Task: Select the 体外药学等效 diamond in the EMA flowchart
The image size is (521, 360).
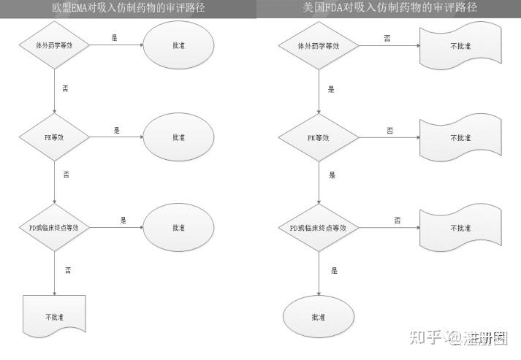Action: (55, 45)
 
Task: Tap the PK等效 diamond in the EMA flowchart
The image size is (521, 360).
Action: (55, 137)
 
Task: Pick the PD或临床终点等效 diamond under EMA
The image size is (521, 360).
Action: (55, 228)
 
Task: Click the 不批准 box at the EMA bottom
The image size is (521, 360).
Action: (55, 317)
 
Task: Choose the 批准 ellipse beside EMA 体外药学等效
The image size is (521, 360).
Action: (179, 45)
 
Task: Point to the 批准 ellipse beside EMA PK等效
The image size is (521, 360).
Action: (179, 137)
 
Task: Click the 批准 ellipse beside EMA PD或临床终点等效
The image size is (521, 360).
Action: (179, 228)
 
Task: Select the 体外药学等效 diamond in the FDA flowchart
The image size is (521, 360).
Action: (317, 45)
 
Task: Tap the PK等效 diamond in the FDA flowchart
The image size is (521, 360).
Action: (317, 137)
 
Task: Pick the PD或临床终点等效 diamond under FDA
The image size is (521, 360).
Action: (317, 228)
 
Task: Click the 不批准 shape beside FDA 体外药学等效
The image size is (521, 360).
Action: (460, 45)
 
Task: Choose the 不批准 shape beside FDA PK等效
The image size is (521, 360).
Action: (460, 137)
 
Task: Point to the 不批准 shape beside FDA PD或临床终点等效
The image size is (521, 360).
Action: (460, 228)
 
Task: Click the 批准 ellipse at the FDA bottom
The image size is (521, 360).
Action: (317, 317)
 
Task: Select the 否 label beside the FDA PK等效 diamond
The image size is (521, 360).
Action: (389, 130)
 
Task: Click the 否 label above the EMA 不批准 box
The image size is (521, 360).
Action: (67, 270)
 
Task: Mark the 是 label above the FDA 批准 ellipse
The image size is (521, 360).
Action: (333, 270)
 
